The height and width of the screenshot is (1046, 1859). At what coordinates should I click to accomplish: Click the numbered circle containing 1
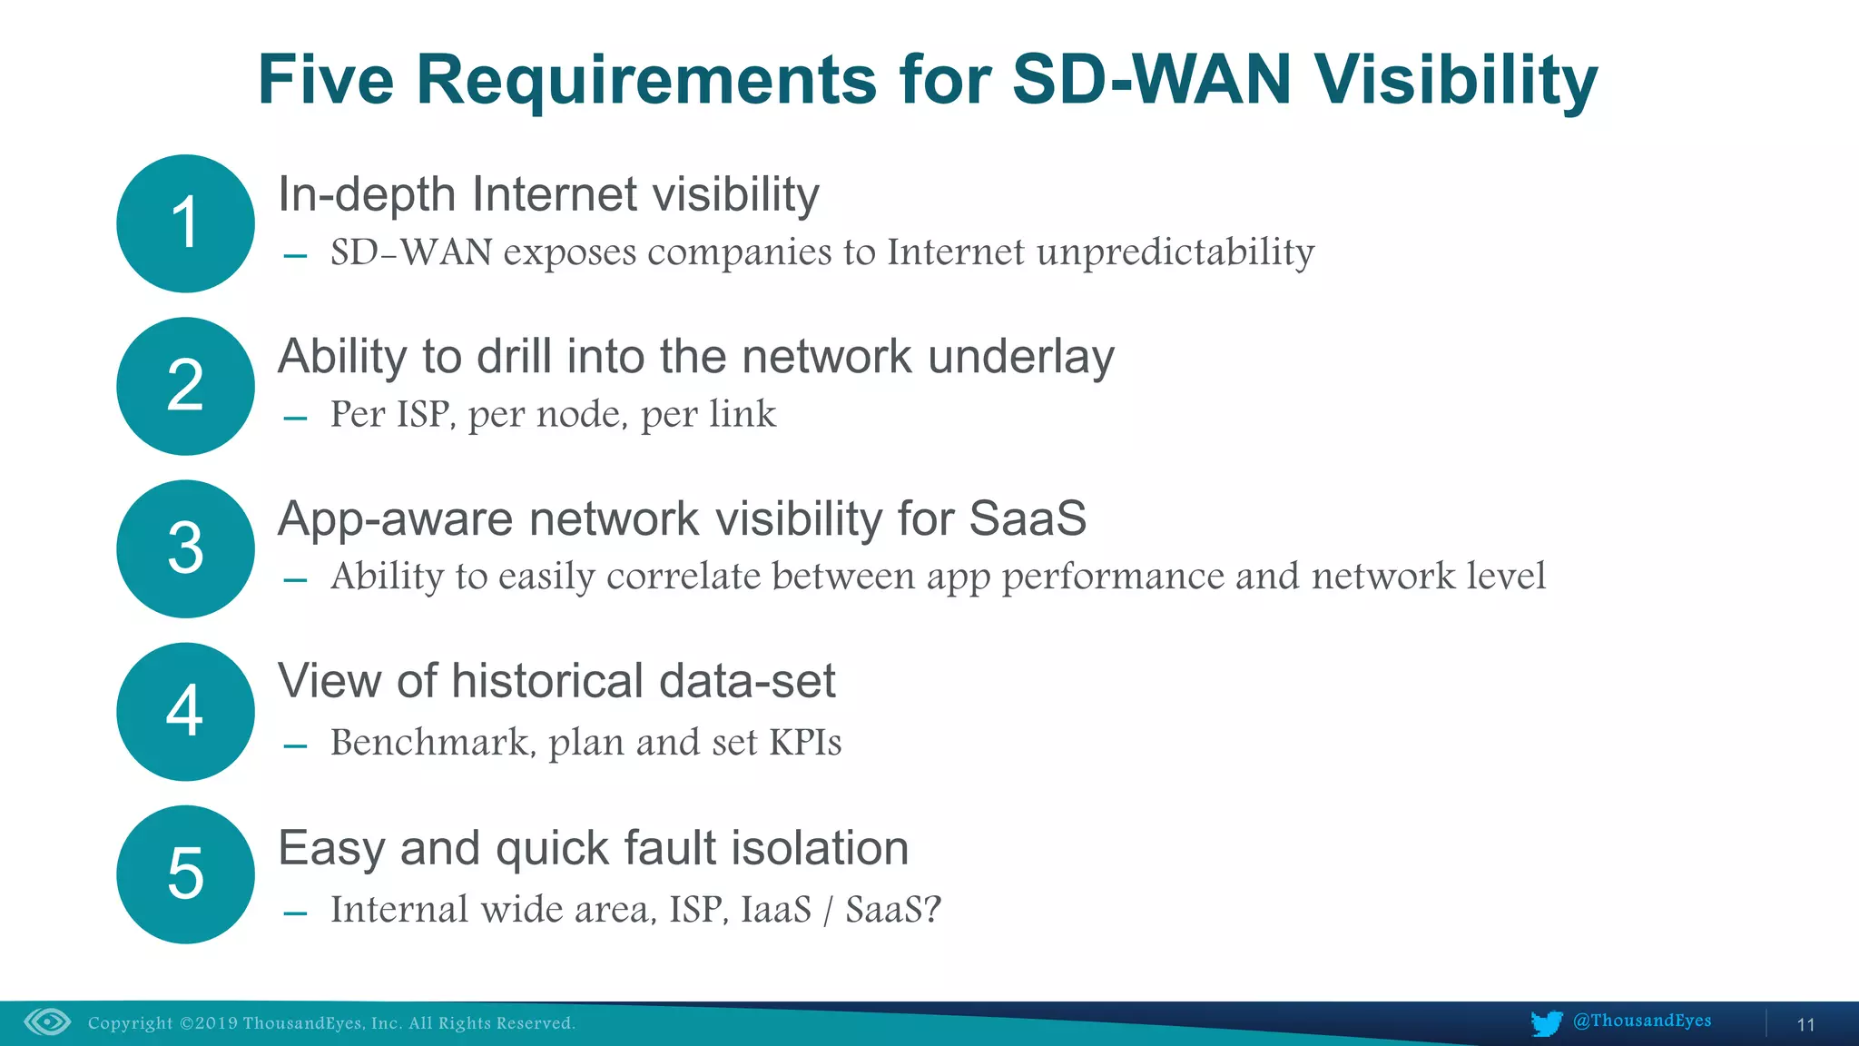(x=185, y=223)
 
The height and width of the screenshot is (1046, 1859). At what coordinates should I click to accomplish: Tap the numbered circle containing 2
(x=185, y=386)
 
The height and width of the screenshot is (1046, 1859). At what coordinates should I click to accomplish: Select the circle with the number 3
(x=185, y=548)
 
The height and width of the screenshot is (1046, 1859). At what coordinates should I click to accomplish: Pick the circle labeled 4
(x=185, y=711)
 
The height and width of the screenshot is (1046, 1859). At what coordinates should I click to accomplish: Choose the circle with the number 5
(x=185, y=873)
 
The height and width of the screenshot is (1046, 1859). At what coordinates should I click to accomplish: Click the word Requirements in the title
(x=646, y=80)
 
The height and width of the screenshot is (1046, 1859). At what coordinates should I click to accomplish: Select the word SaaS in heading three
(x=1027, y=518)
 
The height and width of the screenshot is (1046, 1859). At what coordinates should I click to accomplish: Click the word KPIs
(x=805, y=743)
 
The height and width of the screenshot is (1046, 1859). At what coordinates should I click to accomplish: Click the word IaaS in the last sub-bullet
(x=775, y=910)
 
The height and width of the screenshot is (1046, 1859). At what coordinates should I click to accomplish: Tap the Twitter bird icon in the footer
(x=1546, y=1022)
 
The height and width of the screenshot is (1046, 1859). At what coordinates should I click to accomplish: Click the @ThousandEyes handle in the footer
(x=1641, y=1021)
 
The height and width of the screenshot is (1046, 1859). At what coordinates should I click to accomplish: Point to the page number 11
(x=1805, y=1025)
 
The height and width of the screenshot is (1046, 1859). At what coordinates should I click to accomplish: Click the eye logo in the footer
(x=47, y=1022)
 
